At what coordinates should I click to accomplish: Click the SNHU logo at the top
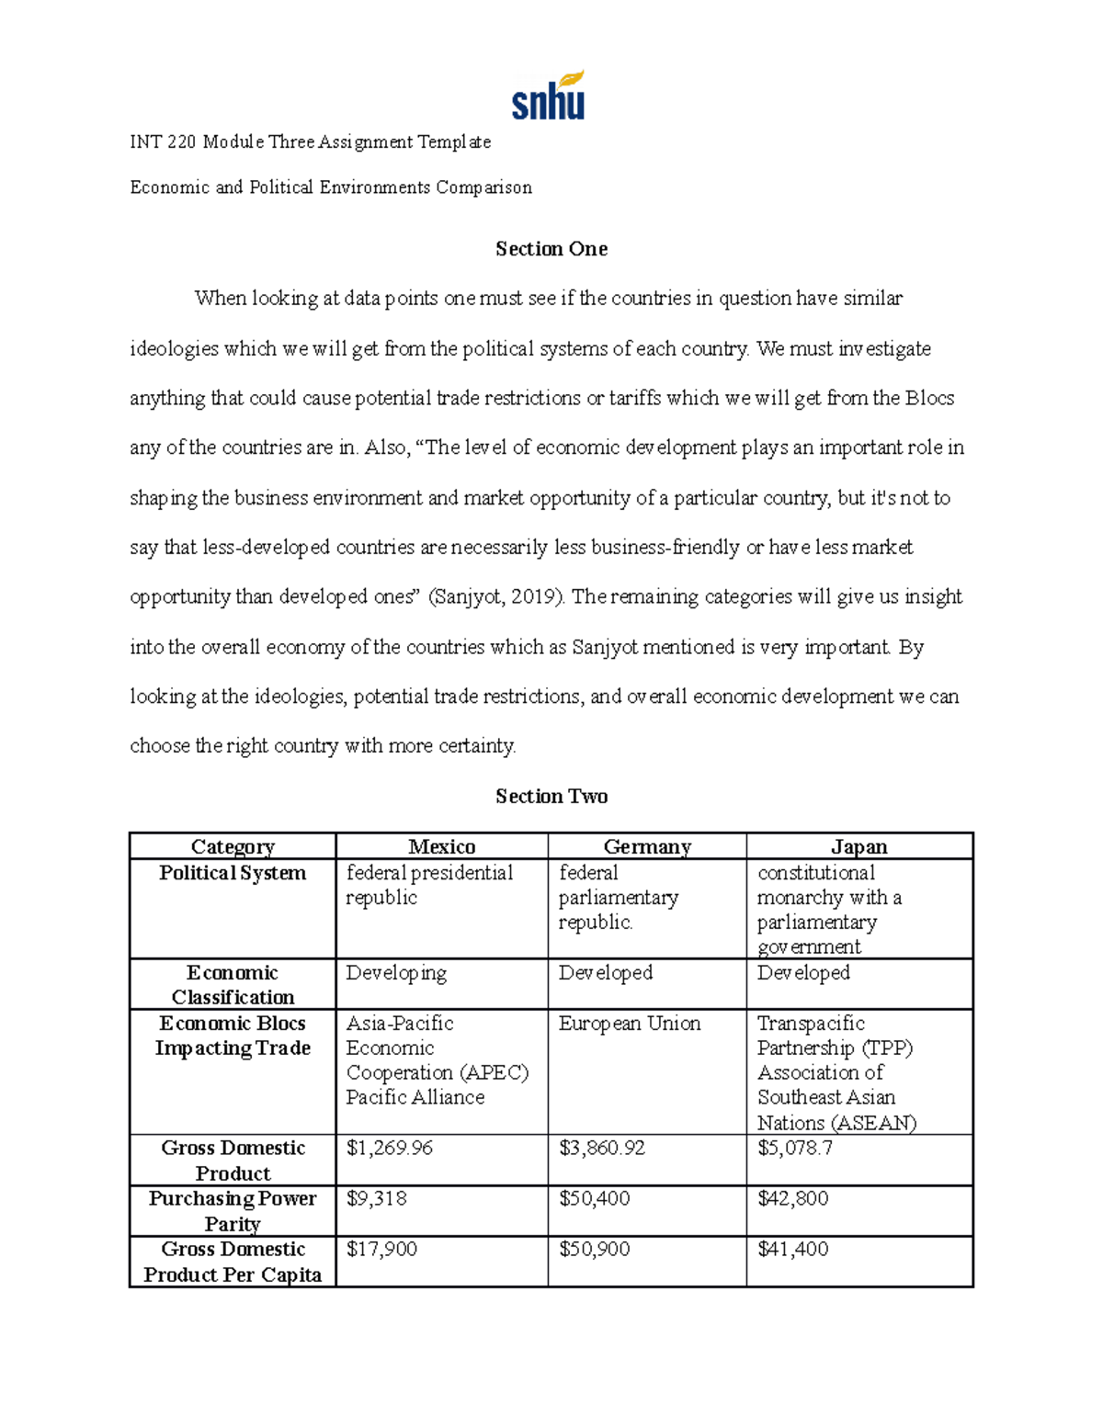[x=549, y=96]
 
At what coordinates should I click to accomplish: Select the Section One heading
[x=551, y=249]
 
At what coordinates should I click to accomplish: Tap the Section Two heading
[x=551, y=797]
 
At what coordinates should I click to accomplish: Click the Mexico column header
[x=441, y=846]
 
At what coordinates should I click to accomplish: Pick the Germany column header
[x=647, y=846]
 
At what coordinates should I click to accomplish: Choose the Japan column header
[x=859, y=846]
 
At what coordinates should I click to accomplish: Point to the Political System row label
[x=233, y=873]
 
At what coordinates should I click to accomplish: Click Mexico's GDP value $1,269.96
[x=389, y=1149]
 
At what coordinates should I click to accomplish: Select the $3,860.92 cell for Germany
[x=601, y=1149]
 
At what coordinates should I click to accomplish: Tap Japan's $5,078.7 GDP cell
[x=795, y=1149]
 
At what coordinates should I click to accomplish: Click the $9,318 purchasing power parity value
[x=376, y=1199]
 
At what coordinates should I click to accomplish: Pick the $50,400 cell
[x=594, y=1199]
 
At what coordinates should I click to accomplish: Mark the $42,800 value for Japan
[x=792, y=1199]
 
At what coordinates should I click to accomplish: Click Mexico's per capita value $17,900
[x=381, y=1250]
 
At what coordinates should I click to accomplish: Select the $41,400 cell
[x=792, y=1250]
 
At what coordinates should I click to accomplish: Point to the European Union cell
[x=630, y=1024]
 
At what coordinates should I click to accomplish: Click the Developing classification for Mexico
[x=396, y=973]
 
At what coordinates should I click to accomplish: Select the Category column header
[x=233, y=846]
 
